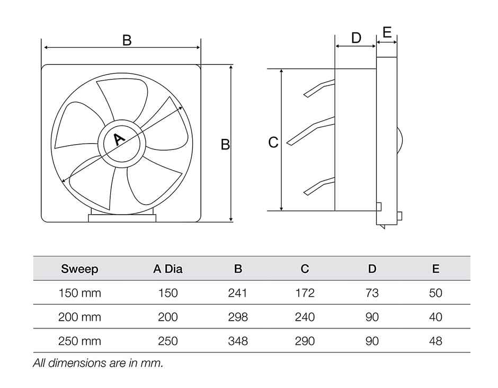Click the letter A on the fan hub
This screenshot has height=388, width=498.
[x=119, y=139]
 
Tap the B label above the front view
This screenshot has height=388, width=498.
[x=127, y=40]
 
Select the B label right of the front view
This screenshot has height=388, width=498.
[x=225, y=144]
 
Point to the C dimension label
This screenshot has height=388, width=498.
[x=273, y=143]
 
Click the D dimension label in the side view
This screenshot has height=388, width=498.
[x=356, y=38]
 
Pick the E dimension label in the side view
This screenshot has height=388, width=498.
[x=387, y=33]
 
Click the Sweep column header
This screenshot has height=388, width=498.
[x=79, y=269]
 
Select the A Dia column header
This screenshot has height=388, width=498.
[x=168, y=269]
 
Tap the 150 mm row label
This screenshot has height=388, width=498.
[x=79, y=293]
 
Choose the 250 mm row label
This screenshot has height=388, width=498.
[x=79, y=341]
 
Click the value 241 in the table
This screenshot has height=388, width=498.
[x=237, y=293]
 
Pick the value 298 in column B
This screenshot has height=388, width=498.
[x=237, y=317]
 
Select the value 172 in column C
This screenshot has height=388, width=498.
[x=305, y=293]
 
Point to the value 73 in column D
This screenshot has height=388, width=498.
[x=372, y=293]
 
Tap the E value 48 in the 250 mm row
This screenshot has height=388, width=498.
[x=435, y=341]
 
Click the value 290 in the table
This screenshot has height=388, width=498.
[x=305, y=341]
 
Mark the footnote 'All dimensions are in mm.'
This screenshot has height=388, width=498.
[x=98, y=364]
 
